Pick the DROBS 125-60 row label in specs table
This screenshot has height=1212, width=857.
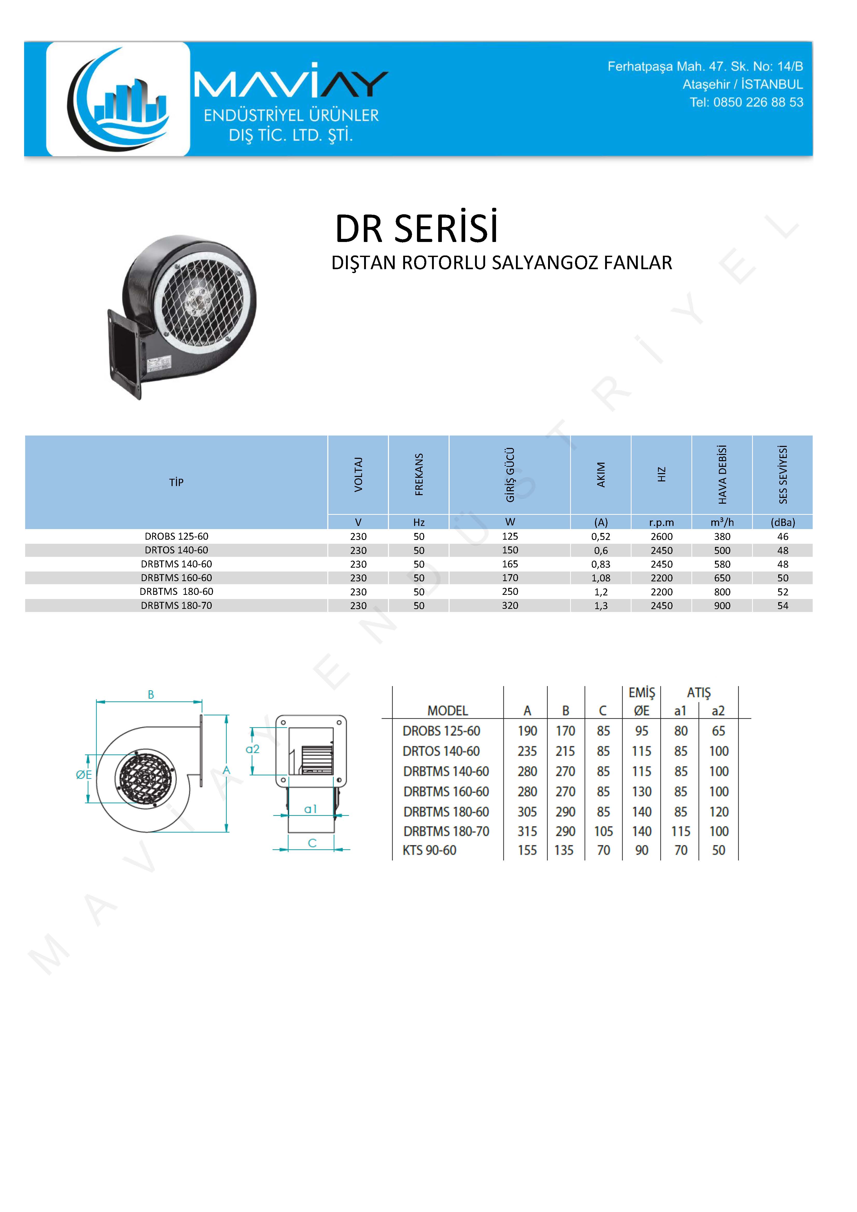[176, 536]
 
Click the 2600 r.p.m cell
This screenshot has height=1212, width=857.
[662, 536]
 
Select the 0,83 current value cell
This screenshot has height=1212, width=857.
[601, 564]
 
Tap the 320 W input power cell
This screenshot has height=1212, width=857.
[510, 605]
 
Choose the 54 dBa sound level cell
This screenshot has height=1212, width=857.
[783, 605]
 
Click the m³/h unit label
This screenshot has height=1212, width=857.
[722, 522]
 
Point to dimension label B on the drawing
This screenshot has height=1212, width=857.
[151, 695]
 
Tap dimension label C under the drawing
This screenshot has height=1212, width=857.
[312, 843]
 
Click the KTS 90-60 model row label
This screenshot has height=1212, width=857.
[429, 850]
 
